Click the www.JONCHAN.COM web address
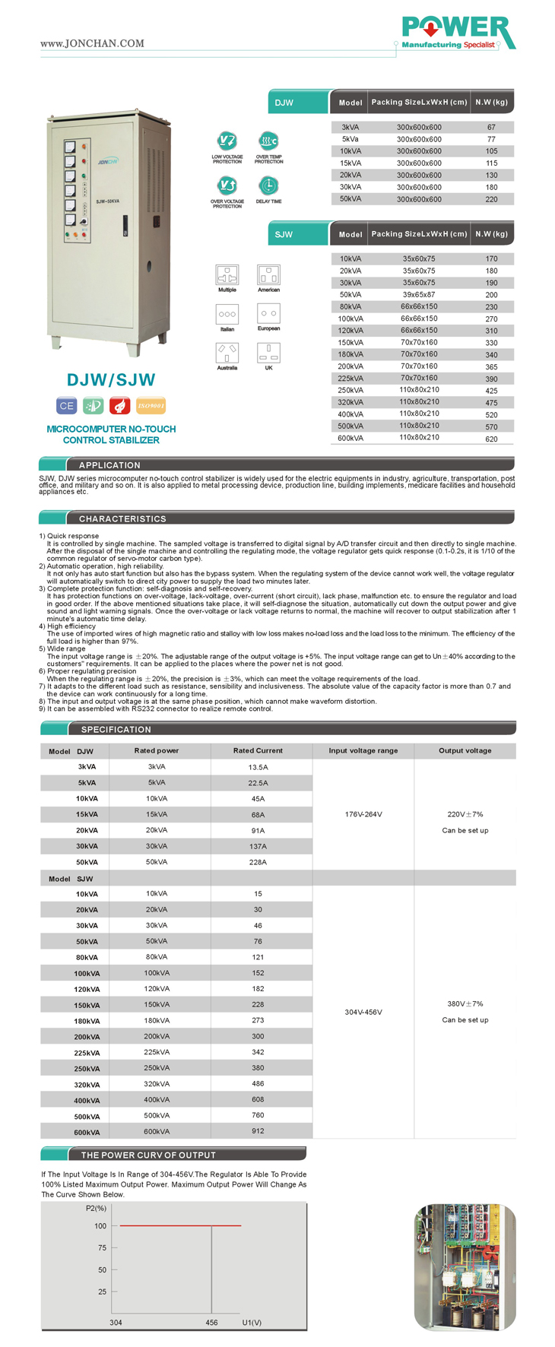[x=92, y=43]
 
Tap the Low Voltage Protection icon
[x=227, y=141]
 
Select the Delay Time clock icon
[x=268, y=185]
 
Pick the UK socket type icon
[x=268, y=352]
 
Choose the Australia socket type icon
[x=227, y=352]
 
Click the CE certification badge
[x=67, y=406]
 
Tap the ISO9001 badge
[x=151, y=406]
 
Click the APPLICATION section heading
[x=109, y=465]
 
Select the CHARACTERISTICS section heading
[x=122, y=518]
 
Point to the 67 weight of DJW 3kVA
[x=491, y=127]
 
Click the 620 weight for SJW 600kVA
[x=491, y=439]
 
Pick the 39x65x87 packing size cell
[x=419, y=294]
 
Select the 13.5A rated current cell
[x=258, y=767]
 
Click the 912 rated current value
[x=258, y=1131]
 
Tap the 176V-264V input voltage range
[x=363, y=814]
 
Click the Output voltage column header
[x=465, y=750]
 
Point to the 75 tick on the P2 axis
[x=102, y=1247]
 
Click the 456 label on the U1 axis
[x=211, y=1323]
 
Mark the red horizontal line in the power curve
[x=180, y=1225]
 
